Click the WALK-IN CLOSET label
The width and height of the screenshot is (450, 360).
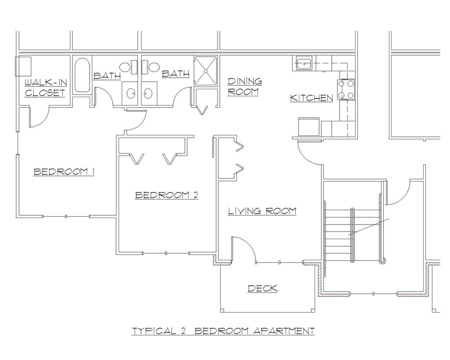pyautogui.click(x=45, y=87)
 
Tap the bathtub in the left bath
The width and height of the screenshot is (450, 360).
pyautogui.click(x=82, y=75)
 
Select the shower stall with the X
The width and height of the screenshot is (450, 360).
pyautogui.click(x=206, y=70)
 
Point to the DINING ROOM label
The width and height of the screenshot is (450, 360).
pyautogui.click(x=245, y=87)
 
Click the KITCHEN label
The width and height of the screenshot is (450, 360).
pyautogui.click(x=312, y=98)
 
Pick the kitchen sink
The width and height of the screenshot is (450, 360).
pyautogui.click(x=304, y=64)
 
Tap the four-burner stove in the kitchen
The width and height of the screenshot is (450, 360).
pyautogui.click(x=346, y=90)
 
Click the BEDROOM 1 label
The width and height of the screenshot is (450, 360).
pyautogui.click(x=64, y=171)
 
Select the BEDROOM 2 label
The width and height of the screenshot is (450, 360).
pyautogui.click(x=167, y=195)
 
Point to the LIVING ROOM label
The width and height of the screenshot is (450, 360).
pyautogui.click(x=262, y=211)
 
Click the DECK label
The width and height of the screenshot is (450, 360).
pyautogui.click(x=262, y=288)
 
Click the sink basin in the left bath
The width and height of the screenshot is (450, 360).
pyautogui.click(x=131, y=93)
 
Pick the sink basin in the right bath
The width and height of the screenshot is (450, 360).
pyautogui.click(x=148, y=93)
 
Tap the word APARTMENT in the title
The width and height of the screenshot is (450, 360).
pyautogui.click(x=284, y=331)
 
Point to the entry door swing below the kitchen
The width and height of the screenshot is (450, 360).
pyautogui.click(x=310, y=154)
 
